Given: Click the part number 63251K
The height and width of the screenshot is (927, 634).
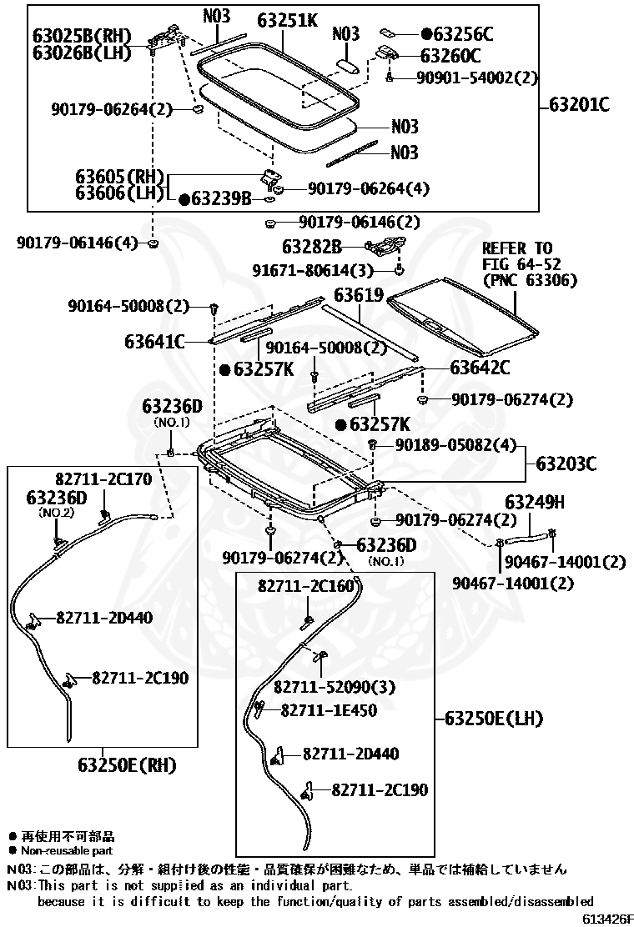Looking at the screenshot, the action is [287, 22].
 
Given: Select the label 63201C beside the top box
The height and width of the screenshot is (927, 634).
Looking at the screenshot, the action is [579, 105].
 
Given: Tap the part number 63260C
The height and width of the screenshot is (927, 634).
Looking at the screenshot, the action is [450, 56].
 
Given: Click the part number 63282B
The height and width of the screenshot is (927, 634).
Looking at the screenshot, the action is [312, 246].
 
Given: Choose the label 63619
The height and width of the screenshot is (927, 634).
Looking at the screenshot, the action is [359, 294].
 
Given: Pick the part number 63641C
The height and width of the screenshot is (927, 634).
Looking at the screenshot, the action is [154, 341].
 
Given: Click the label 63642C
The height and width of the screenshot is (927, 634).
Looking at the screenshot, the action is [480, 368].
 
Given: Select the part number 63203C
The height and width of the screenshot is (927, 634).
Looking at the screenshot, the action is [566, 463].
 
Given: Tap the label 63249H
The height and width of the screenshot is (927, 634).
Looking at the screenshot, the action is [534, 502].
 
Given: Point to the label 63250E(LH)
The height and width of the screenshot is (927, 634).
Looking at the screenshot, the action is [493, 719].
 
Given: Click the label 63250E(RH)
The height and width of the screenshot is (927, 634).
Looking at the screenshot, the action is [127, 765].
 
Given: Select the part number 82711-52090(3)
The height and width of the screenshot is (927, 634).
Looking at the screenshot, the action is [335, 687].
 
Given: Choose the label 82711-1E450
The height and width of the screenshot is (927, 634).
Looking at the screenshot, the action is [329, 710].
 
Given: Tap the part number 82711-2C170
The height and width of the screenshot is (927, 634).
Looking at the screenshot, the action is [104, 479].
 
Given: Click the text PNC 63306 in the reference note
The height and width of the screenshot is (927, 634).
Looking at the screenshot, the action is [530, 279].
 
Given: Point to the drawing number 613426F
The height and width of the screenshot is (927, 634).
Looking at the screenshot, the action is [607, 918].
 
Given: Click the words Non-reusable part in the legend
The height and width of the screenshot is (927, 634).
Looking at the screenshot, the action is [67, 851].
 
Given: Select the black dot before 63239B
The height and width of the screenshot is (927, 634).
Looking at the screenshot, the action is [184, 199].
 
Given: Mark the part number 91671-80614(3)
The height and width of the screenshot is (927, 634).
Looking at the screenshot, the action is [313, 270].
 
